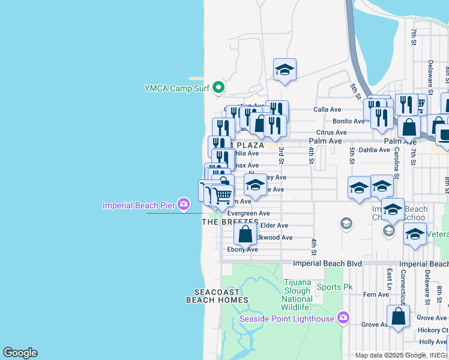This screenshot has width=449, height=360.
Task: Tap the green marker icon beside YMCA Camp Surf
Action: pyautogui.click(x=219, y=88)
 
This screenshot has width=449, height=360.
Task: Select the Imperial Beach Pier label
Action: pyautogui.click(x=139, y=205)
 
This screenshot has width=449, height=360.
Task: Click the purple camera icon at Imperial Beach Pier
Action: pyautogui.click(x=183, y=205)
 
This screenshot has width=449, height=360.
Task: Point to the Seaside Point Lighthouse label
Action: pyautogui.click(x=287, y=319)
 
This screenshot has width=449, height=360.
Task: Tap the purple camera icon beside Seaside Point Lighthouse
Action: pyautogui.click(x=343, y=317)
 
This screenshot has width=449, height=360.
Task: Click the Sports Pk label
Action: pyautogui.click(x=334, y=287)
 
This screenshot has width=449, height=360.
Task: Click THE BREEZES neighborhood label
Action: pyautogui.click(x=230, y=222)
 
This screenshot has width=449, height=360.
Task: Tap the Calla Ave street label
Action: pyautogui.click(x=327, y=110)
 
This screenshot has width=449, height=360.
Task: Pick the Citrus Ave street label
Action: pyautogui.click(x=332, y=133)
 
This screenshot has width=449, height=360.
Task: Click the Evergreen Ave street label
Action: pyautogui.click(x=248, y=213)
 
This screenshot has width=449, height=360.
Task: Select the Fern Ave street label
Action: pyautogui.click(x=376, y=294)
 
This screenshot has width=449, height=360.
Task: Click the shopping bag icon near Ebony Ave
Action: pyautogui.click(x=245, y=235)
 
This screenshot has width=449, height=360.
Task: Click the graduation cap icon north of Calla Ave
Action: pyautogui.click(x=285, y=70)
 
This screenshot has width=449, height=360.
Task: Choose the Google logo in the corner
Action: pyautogui.click(x=20, y=353)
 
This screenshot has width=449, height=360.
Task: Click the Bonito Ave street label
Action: pyautogui.click(x=349, y=121)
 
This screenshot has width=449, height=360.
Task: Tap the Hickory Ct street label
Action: pyautogui.click(x=433, y=330)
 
